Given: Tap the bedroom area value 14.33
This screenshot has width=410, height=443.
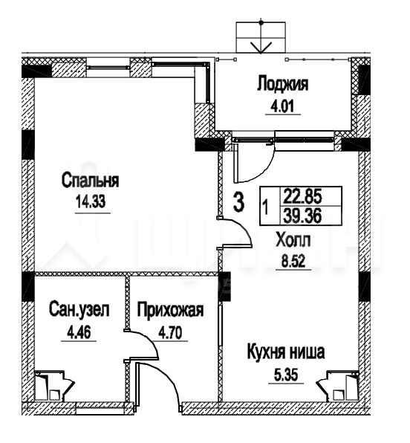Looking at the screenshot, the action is point(91,201).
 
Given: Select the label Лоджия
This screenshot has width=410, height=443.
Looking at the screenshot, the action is point(283,84).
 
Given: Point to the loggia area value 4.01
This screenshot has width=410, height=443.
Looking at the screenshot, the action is point(283,106).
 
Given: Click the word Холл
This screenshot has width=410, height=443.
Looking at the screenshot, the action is point(293,240).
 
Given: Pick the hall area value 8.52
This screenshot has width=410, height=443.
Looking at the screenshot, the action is point(293,262).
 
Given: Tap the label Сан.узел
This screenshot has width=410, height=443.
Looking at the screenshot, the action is point(79,310).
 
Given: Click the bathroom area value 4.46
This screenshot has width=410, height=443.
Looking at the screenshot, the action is point(79,332).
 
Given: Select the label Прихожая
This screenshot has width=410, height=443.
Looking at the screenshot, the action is point(170,310).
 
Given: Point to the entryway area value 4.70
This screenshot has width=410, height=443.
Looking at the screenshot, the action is point(170,332).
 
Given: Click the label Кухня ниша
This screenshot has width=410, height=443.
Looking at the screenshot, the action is point(286,352).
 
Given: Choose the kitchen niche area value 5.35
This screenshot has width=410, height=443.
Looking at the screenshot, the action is point(286,375).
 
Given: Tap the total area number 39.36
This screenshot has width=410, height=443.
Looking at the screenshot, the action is point(302,216).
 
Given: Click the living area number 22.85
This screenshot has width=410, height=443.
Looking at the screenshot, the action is point(302,196).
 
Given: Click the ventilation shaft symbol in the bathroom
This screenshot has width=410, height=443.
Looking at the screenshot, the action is point(54,386).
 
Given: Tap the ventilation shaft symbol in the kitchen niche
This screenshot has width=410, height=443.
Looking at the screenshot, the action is point(337,386).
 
